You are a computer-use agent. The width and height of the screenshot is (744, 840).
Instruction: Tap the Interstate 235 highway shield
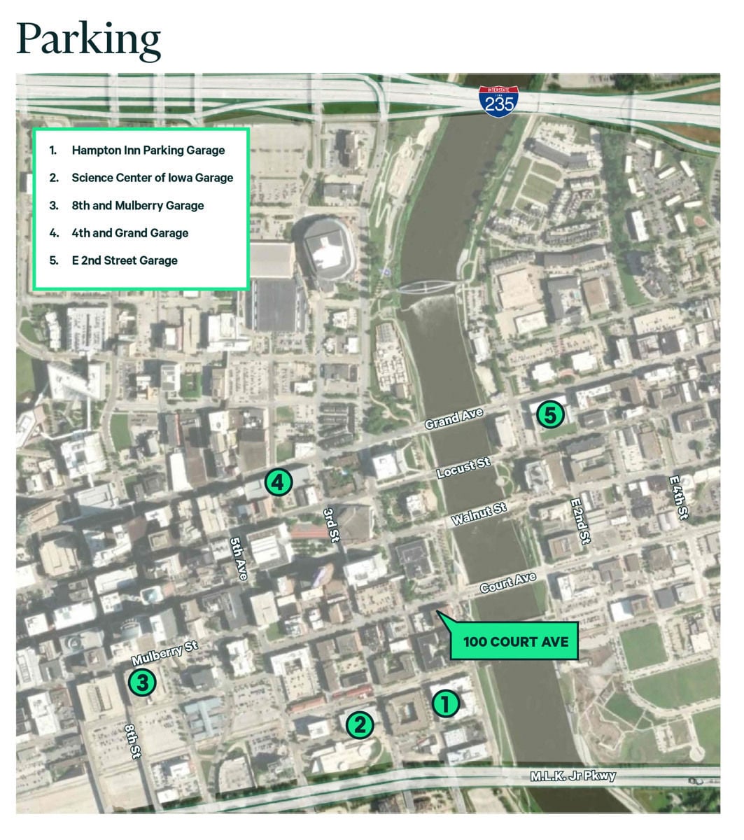499,101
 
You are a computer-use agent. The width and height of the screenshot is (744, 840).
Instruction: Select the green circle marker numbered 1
445,703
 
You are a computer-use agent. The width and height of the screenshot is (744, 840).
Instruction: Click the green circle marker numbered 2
360,724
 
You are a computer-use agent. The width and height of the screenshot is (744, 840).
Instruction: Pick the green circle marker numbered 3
142,681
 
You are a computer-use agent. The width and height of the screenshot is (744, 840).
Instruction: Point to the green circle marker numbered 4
278,482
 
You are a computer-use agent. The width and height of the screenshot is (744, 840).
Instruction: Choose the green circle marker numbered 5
549,414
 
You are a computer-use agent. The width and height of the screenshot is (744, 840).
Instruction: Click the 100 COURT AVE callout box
516,641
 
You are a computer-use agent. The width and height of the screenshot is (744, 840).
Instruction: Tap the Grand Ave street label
454,419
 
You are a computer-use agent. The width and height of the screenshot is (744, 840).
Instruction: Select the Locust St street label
463,468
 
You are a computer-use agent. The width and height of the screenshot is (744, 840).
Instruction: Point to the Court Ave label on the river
508,582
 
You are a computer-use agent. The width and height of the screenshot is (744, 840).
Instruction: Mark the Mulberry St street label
165,654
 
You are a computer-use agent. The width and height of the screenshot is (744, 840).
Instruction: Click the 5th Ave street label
239,558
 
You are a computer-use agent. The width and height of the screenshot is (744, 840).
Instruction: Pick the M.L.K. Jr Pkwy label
573,776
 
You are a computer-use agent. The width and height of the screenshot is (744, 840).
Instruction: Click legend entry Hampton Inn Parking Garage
148,150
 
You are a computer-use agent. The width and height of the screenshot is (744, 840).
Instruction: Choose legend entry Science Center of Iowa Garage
152,178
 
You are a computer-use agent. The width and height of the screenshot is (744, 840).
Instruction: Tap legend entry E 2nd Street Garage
125,260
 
